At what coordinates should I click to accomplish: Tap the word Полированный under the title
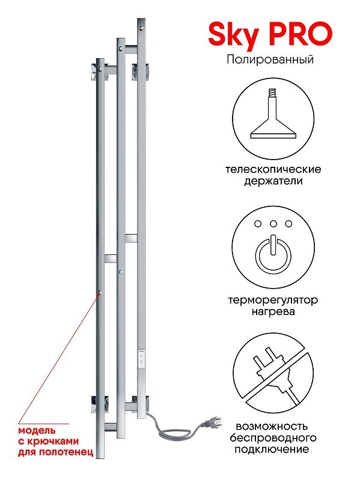click(270, 59)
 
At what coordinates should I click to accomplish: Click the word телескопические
click(273, 169)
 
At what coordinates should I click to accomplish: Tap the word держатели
click(273, 181)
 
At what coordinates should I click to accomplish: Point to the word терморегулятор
click(273, 301)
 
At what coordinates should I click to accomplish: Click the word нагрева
click(273, 312)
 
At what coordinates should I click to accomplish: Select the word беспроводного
click(273, 438)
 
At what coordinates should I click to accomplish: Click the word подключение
click(272, 449)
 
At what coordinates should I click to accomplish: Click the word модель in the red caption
click(37, 430)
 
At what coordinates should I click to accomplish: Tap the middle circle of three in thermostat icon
click(273, 224)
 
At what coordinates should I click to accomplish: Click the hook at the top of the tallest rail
click(141, 28)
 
